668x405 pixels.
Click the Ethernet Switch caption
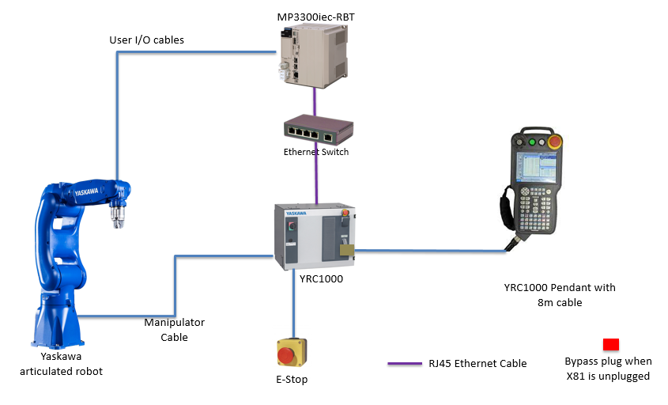point(316,152)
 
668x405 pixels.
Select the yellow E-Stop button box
point(292,354)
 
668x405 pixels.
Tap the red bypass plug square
point(610,344)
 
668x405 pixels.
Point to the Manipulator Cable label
point(174,329)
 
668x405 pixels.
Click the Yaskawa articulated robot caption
point(55,364)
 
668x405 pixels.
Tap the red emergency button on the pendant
point(556,142)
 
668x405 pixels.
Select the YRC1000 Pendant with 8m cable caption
point(559,294)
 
